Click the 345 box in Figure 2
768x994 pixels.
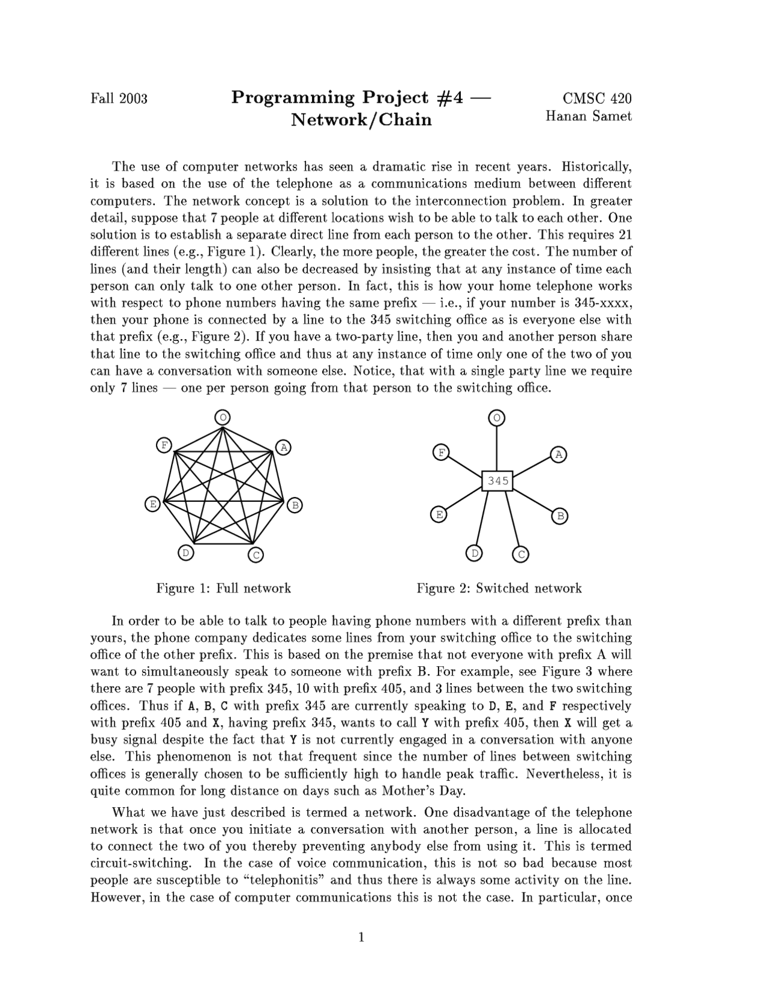coord(497,481)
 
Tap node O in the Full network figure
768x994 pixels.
coord(223,417)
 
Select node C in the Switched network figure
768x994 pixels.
coord(521,555)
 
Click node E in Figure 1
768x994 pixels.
coord(153,504)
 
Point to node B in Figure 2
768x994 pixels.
coord(559,516)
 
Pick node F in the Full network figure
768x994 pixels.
coord(164,445)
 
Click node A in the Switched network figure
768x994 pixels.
coord(559,454)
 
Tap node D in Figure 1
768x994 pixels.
coord(186,552)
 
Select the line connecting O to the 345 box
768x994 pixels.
coord(496,448)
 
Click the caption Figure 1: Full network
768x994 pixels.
coord(223,588)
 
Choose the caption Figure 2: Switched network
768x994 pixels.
coord(499,588)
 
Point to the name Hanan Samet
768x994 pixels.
coord(588,116)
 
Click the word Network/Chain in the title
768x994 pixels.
coord(361,119)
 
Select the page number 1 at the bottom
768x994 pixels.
coord(361,937)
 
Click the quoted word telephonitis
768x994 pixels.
coord(282,881)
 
